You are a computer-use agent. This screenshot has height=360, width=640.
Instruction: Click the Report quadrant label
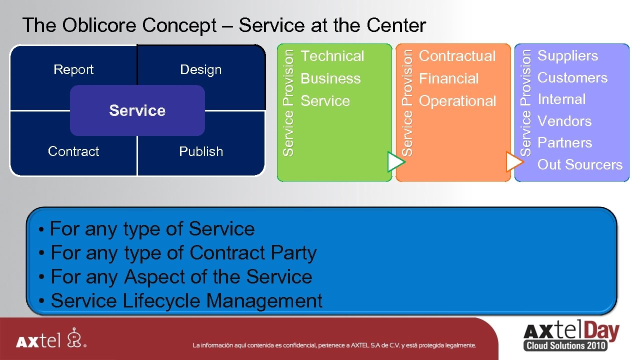pyautogui.click(x=73, y=69)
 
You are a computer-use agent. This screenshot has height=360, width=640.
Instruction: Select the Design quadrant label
pyautogui.click(x=200, y=69)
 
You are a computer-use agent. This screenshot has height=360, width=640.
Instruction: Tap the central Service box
pyautogui.click(x=137, y=110)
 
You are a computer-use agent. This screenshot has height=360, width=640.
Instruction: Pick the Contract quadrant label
pyautogui.click(x=73, y=151)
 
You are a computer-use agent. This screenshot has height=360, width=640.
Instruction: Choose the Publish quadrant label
pyautogui.click(x=201, y=151)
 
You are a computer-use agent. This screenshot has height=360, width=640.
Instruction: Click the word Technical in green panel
pyautogui.click(x=332, y=56)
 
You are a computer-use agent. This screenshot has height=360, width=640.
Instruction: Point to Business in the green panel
pyautogui.click(x=330, y=78)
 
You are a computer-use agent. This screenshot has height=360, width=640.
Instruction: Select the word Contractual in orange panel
pyautogui.click(x=457, y=56)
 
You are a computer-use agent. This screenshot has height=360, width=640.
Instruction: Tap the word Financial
pyautogui.click(x=448, y=78)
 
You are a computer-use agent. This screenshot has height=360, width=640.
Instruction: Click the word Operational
pyautogui.click(x=457, y=101)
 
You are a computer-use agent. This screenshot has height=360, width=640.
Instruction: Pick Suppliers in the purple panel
pyautogui.click(x=567, y=55)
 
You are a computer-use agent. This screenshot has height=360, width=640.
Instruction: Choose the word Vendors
pyautogui.click(x=564, y=121)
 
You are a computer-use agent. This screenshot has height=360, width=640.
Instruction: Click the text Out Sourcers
pyautogui.click(x=579, y=164)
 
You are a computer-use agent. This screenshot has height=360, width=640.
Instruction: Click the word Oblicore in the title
pyautogui.click(x=99, y=25)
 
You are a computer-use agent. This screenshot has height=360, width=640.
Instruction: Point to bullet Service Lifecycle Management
pyautogui.click(x=186, y=301)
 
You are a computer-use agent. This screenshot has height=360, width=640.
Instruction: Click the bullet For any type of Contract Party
pyautogui.click(x=183, y=253)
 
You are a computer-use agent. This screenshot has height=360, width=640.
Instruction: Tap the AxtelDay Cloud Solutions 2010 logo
pyautogui.click(x=570, y=336)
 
